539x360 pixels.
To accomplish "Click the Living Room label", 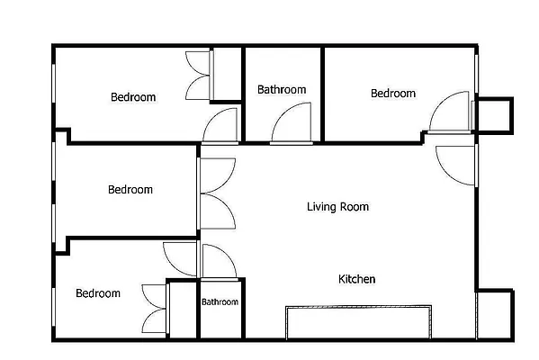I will coord(337,207).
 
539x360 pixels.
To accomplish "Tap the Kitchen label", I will coord(356,279).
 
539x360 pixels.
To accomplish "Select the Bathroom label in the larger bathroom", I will coord(282,89).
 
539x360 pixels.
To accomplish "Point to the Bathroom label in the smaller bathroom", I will coord(220,302).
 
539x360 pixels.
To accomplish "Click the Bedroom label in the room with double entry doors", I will coord(130,190).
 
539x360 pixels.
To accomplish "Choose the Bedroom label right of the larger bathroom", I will coord(393,94).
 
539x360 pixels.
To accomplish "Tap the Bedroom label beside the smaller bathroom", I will coord(98,293).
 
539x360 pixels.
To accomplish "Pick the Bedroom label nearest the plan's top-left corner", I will coord(133,97).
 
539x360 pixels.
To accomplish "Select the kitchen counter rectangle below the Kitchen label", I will coord(358,322).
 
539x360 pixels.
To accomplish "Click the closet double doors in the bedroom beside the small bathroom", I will coord(155,308).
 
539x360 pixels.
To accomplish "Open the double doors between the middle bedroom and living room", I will coord(217,193).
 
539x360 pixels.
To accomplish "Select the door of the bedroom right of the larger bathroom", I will coord(452,112).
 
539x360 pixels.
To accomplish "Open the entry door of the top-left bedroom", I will coord(220,125).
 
